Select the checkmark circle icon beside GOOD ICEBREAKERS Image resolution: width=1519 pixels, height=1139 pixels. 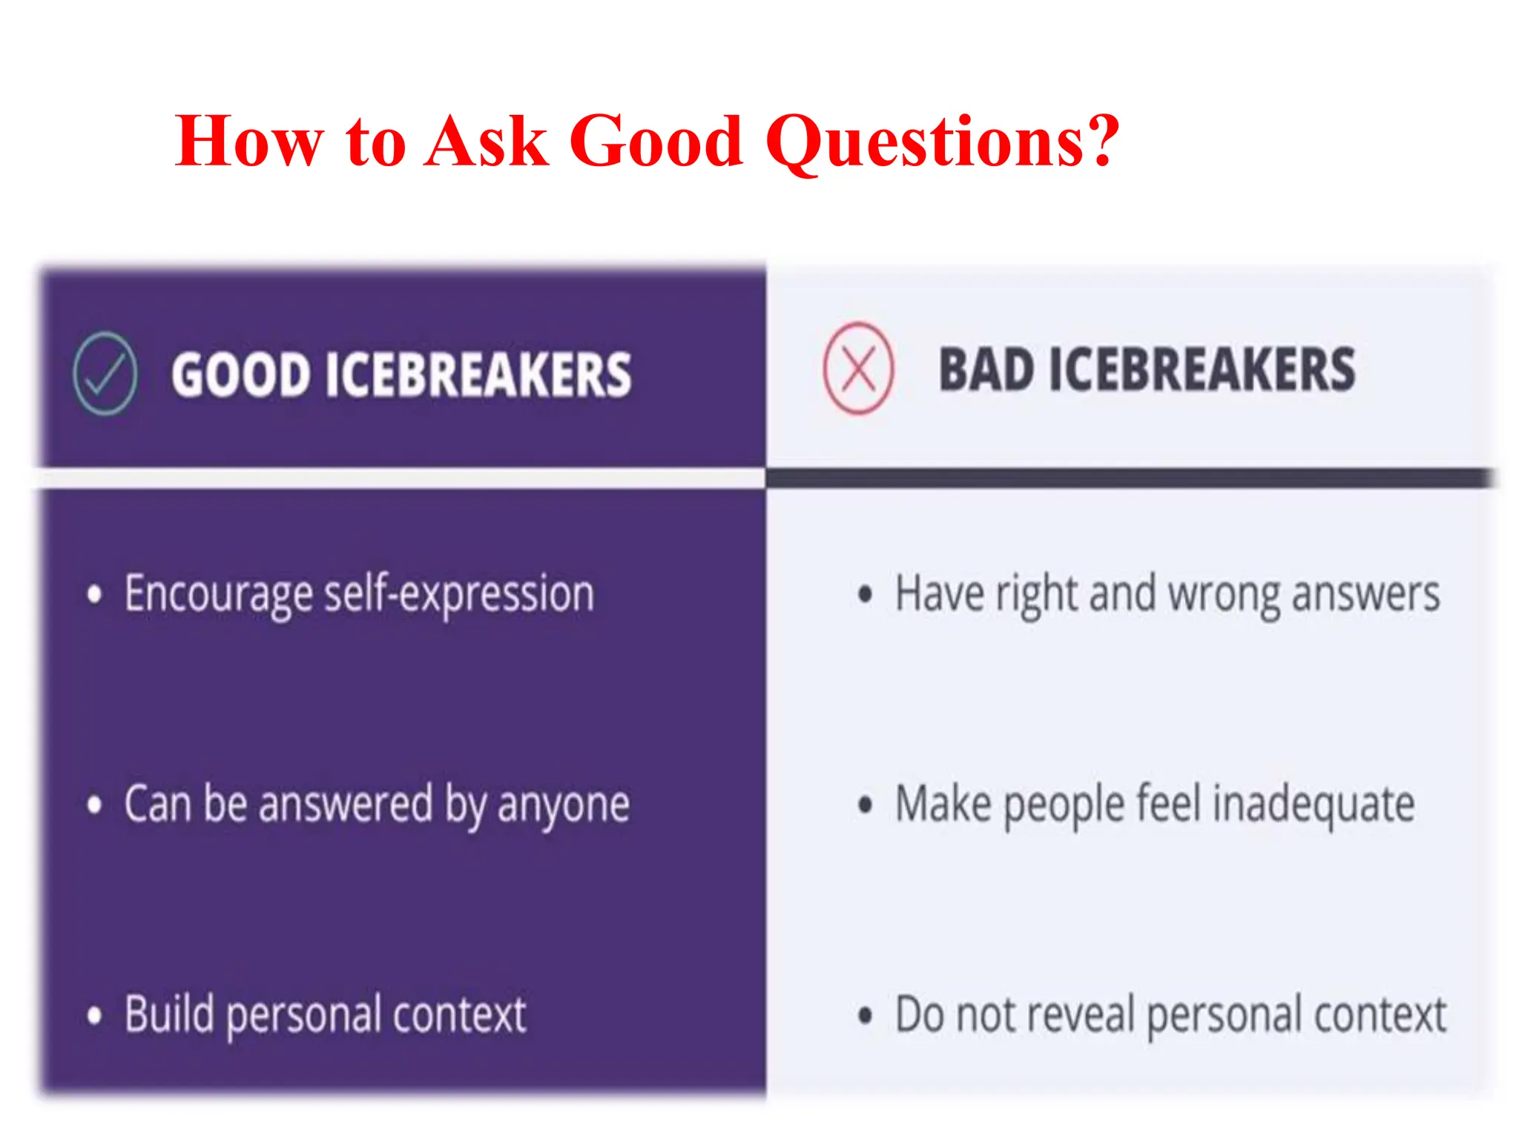coord(105,373)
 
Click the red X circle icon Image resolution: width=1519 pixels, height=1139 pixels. coord(858,369)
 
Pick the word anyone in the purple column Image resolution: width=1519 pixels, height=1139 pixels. coord(564,805)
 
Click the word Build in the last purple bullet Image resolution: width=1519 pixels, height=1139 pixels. coord(169,1014)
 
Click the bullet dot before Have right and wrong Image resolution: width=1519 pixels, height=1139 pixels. coord(865,595)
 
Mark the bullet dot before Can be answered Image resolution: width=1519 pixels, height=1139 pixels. coord(94,805)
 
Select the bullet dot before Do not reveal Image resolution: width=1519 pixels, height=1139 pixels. coord(865,1015)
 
